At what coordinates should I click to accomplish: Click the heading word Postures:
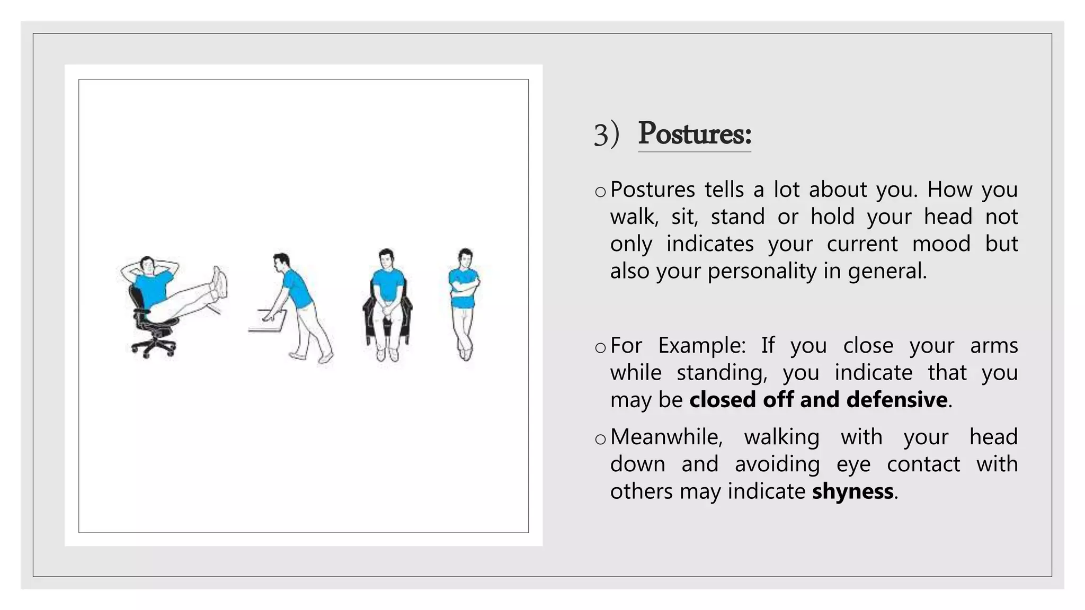click(x=694, y=133)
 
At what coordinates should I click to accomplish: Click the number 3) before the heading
click(x=606, y=134)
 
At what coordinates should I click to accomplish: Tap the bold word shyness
click(x=852, y=491)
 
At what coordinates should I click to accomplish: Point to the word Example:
click(x=701, y=346)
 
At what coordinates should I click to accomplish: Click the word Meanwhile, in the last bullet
click(x=666, y=437)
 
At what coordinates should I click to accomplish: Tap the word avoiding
click(x=777, y=464)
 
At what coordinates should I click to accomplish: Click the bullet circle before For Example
click(x=600, y=348)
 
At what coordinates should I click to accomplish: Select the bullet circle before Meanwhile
click(x=600, y=439)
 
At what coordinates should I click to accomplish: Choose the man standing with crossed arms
click(x=465, y=302)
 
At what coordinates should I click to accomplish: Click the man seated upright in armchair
click(x=387, y=302)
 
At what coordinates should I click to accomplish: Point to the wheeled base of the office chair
click(x=154, y=347)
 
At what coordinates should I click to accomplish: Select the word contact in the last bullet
click(x=923, y=464)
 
